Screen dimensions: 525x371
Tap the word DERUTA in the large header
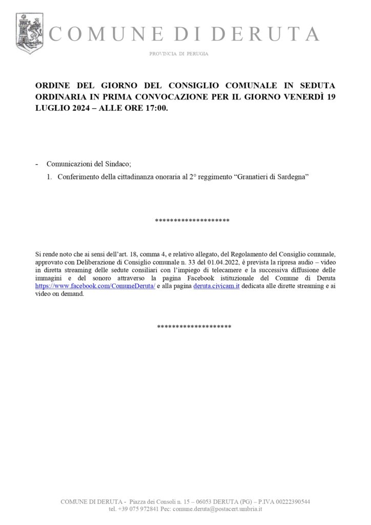(265, 34)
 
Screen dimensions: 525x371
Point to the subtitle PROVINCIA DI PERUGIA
(179, 54)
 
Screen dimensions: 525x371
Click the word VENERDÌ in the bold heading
(301, 97)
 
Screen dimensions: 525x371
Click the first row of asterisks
(192, 221)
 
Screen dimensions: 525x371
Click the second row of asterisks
(194, 327)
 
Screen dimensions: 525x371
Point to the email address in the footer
(218, 509)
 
